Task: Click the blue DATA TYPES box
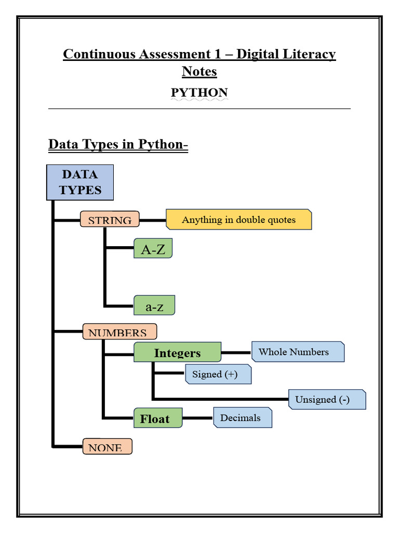point(80,182)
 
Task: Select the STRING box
point(110,220)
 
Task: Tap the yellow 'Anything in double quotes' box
point(238,220)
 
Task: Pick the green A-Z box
point(153,249)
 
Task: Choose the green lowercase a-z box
point(154,306)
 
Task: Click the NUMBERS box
point(119,332)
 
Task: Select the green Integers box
point(177,352)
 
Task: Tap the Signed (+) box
point(218,374)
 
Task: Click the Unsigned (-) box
point(327,399)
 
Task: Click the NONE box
point(107,447)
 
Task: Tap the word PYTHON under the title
point(199,93)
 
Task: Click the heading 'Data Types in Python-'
point(118,144)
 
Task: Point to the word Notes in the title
point(199,71)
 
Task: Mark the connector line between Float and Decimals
point(198,418)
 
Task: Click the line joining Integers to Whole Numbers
point(236,352)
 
